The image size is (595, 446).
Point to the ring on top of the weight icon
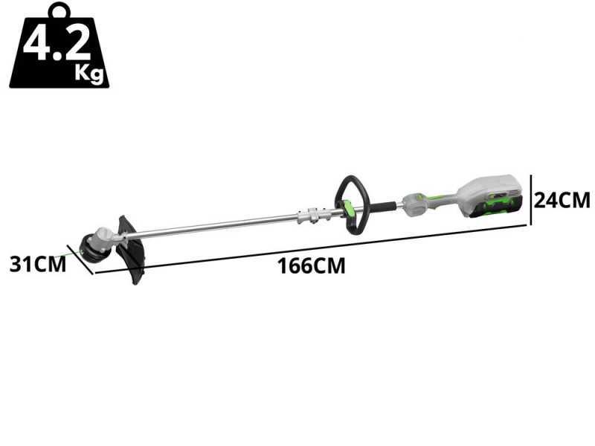click(59, 10)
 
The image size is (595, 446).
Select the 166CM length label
click(312, 265)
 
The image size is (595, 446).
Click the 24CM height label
click(563, 200)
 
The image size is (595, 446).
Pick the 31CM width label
click(37, 264)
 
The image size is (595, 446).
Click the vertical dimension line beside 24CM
click(531, 198)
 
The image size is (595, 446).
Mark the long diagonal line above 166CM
click(312, 248)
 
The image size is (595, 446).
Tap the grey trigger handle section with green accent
click(420, 201)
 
